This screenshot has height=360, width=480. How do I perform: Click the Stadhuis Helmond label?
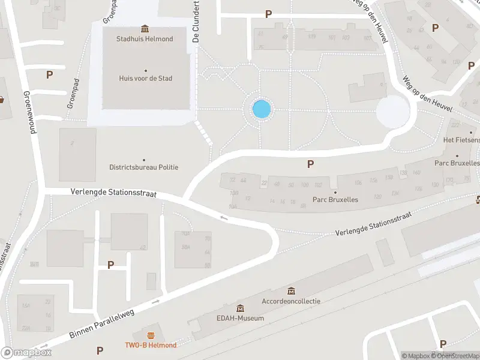(x=145, y=40)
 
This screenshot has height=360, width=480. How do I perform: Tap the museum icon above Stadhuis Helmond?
(x=145, y=29)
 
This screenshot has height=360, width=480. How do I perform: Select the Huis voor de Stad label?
(x=145, y=78)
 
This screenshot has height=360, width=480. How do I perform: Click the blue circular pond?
(x=262, y=109)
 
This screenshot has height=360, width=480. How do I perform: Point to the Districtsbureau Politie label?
(x=143, y=167)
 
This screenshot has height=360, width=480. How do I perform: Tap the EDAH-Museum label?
(x=241, y=318)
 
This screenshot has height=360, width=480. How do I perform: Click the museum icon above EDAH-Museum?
(x=241, y=308)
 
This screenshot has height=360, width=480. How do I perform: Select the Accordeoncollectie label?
(x=291, y=301)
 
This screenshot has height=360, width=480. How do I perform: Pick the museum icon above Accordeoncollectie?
(x=291, y=291)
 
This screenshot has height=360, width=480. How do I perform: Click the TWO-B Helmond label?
(x=151, y=344)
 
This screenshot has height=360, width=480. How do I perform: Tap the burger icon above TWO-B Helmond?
(x=151, y=334)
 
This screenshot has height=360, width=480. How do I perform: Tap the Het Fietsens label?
(x=461, y=140)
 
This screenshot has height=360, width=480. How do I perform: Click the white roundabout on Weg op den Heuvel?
(x=392, y=112)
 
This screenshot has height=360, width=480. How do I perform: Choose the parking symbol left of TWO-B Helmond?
(x=100, y=350)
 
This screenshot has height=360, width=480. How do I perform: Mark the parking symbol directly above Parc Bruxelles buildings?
(x=310, y=164)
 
